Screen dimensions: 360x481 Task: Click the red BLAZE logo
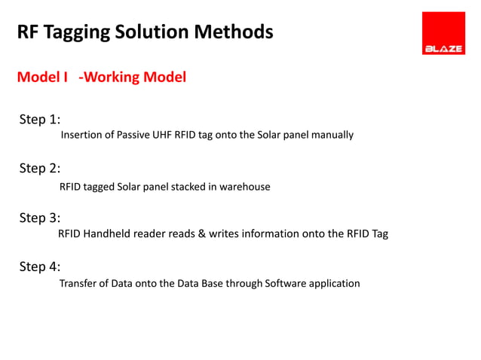tap(443, 33)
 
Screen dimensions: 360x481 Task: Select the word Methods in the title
tap(235, 32)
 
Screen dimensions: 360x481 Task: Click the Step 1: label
tap(40, 120)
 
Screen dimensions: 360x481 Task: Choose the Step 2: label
tap(40, 168)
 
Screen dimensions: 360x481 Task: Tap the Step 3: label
tap(40, 218)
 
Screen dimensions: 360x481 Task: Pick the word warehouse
tap(244, 186)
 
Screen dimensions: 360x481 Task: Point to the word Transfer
tap(78, 284)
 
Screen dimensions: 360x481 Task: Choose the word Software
tap(286, 284)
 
